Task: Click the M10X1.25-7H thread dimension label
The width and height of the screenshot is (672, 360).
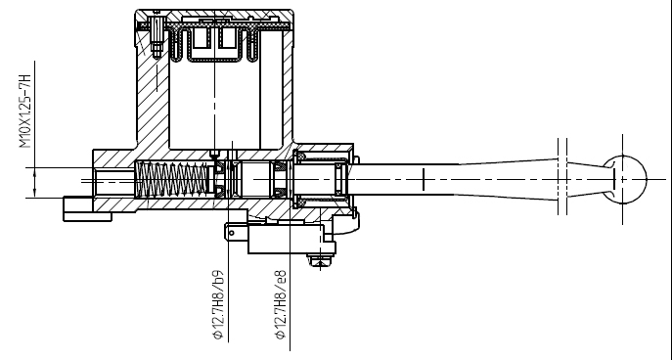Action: pos(25,111)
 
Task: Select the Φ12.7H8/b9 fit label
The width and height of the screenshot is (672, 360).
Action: pos(218,304)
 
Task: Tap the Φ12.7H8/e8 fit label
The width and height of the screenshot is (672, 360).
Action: pos(281,304)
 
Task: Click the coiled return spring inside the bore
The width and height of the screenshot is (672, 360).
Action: pos(172,180)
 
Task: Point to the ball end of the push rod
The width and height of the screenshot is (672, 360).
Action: pos(624,180)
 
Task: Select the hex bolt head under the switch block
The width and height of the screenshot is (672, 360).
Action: pos(320,260)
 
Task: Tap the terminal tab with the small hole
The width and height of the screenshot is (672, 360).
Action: pos(236,232)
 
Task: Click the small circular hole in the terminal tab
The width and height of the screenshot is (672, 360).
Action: pos(232,233)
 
